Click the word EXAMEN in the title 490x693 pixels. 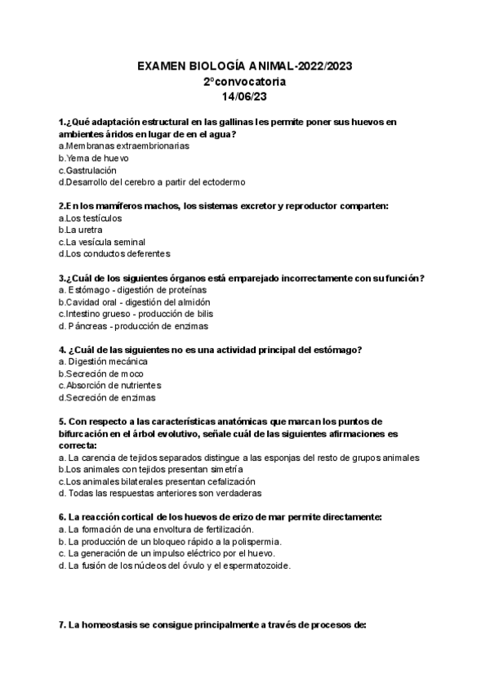[165, 67]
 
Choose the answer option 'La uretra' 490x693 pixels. [90, 230]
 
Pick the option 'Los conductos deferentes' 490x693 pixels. [117, 254]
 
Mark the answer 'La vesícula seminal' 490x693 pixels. [105, 242]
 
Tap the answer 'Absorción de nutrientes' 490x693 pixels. [113, 386]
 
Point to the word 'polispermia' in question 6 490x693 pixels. [256, 541]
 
